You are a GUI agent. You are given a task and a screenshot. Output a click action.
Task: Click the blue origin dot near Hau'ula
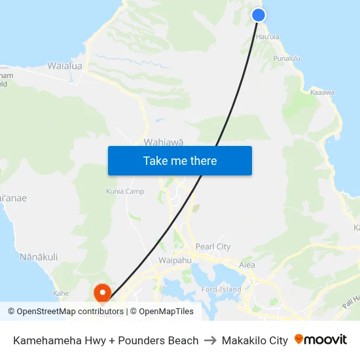pyautogui.click(x=259, y=15)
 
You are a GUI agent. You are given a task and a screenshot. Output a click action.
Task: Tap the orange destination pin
pyautogui.click(x=103, y=292)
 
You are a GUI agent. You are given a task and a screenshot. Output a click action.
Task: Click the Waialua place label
pyautogui.click(x=65, y=66)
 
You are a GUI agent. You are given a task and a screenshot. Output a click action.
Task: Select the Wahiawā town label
pyautogui.click(x=163, y=141)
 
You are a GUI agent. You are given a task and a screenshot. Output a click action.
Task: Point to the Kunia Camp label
pyautogui.click(x=125, y=191)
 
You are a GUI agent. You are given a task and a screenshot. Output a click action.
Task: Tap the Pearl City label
pyautogui.click(x=213, y=247)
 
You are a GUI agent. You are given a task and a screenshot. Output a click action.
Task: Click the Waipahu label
pyautogui.click(x=174, y=260)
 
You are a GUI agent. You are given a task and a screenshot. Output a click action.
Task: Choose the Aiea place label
pyautogui.click(x=247, y=265)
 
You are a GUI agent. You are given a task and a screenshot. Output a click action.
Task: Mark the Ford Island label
pyautogui.click(x=221, y=289)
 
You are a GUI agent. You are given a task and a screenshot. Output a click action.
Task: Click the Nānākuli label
pyautogui.click(x=39, y=257)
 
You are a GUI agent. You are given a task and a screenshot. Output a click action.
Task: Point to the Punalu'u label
pyautogui.click(x=287, y=59)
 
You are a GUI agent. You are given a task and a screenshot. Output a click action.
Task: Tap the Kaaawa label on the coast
pyautogui.click(x=322, y=92)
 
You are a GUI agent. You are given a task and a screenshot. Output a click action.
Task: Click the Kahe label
pyautogui.click(x=61, y=293)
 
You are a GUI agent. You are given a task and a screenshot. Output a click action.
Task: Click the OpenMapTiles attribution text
pyautogui.click(x=166, y=312)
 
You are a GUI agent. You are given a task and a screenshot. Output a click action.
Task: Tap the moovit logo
pyautogui.click(x=321, y=340)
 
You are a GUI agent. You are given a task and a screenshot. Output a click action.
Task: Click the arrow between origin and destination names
pyautogui.click(x=210, y=340)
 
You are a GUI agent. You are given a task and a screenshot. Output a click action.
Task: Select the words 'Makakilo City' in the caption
pyautogui.click(x=255, y=340)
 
